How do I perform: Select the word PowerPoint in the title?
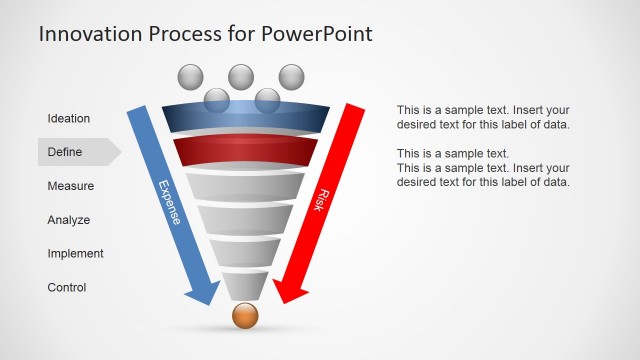click(x=317, y=34)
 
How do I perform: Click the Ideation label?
click(x=69, y=119)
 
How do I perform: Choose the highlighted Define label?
click(x=65, y=153)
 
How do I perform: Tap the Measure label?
click(x=71, y=186)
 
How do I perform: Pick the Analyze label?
click(x=69, y=220)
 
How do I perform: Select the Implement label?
click(x=76, y=254)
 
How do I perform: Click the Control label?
click(x=67, y=288)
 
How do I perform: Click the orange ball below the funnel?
click(x=245, y=316)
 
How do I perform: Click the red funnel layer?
click(x=245, y=151)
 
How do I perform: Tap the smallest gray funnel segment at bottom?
click(x=245, y=285)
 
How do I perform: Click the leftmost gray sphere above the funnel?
click(x=190, y=76)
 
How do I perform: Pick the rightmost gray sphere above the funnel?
click(x=291, y=76)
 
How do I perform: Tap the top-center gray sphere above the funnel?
click(x=240, y=75)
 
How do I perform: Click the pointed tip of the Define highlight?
click(x=120, y=152)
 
